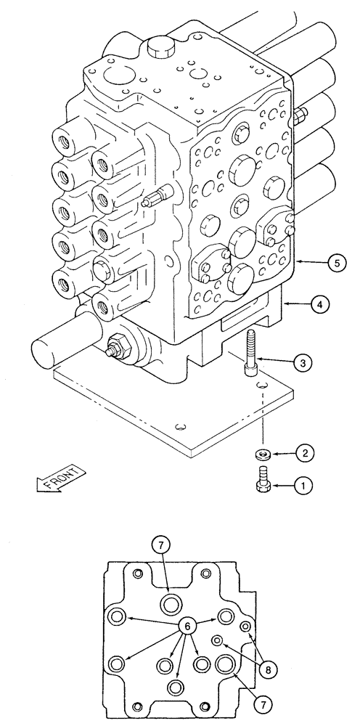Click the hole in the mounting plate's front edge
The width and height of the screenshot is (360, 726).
180,425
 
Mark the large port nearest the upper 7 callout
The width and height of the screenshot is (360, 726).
173,602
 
